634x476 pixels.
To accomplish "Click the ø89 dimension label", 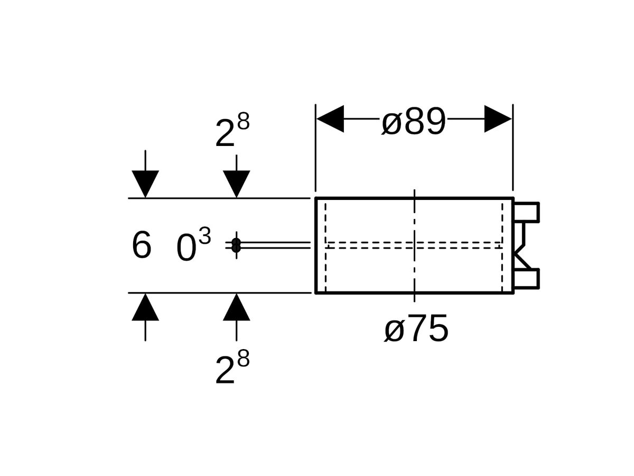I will click(x=414, y=122).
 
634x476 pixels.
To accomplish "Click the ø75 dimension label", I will click(x=416, y=329).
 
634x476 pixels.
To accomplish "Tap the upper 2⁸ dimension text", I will click(x=231, y=132).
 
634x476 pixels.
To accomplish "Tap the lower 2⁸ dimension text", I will click(x=231, y=368).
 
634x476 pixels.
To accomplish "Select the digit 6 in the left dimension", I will click(x=141, y=246).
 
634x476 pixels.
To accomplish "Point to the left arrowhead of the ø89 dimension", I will click(x=330, y=118).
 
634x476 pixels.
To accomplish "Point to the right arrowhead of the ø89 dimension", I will click(x=498, y=118).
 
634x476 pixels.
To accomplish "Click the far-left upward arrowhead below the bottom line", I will click(x=145, y=308).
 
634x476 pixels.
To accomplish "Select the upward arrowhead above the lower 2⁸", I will click(x=236, y=308).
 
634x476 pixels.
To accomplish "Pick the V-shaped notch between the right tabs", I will click(x=520, y=245).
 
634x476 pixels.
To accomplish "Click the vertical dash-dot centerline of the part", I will click(x=415, y=217).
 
